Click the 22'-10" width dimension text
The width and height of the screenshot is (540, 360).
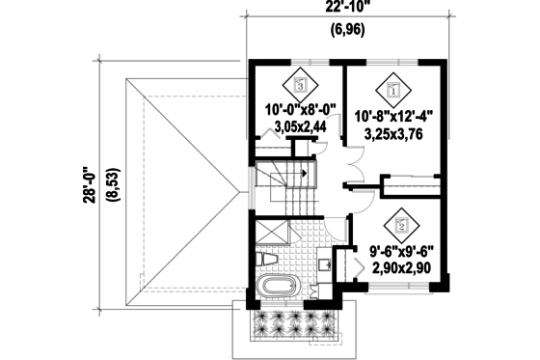click(344, 11)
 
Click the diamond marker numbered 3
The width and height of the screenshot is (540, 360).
click(300, 85)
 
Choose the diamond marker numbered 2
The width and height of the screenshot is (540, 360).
click(401, 227)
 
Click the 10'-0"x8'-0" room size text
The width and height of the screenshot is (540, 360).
click(300, 111)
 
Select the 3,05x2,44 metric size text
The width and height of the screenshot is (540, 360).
click(300, 125)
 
